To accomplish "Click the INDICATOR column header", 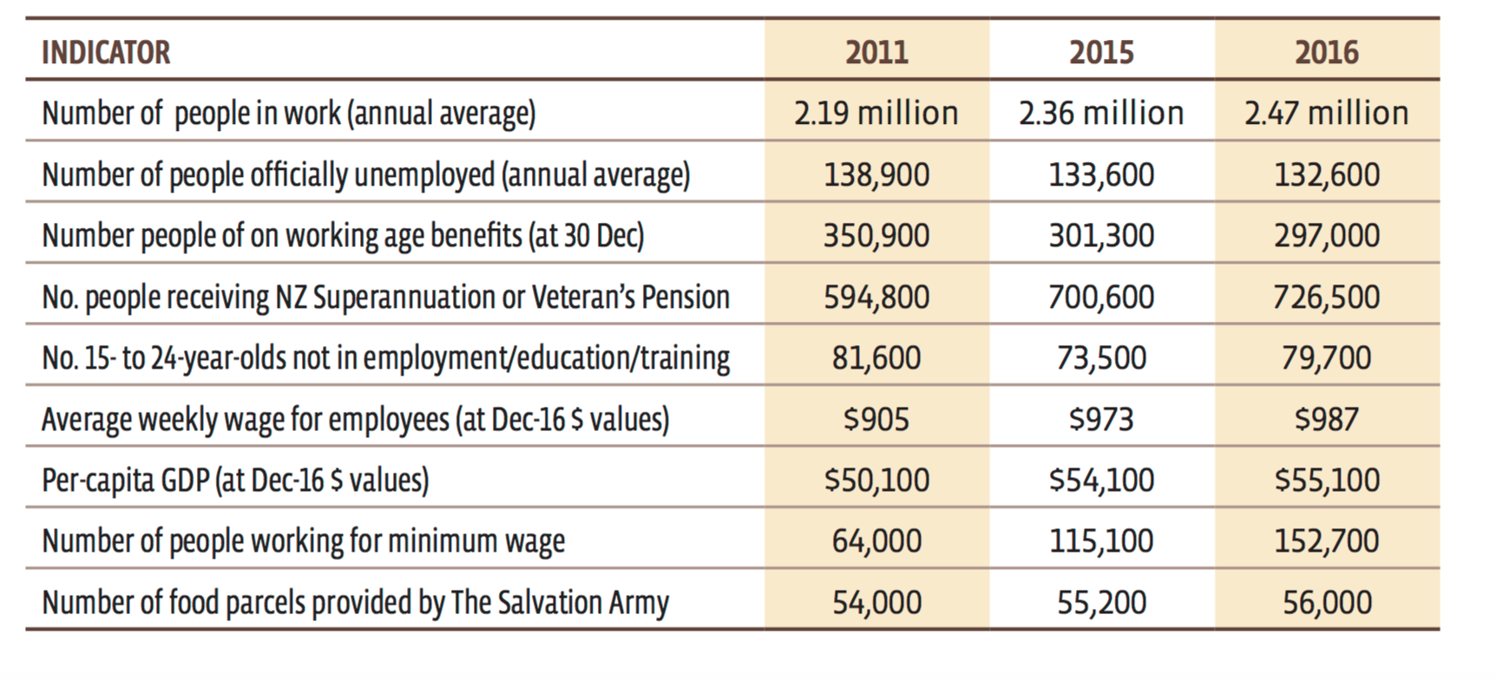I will pos(106,53).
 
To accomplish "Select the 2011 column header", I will pos(876,53).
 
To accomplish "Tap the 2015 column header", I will pos(1101,53).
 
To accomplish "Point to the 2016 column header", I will pos(1327,53).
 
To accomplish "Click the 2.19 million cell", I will pos(876,114).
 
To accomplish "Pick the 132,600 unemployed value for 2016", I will pos(1327,175).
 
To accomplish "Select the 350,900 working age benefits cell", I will pos(876,236).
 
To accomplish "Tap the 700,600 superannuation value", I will pos(1101,297).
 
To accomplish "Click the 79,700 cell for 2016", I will pos(1327,358).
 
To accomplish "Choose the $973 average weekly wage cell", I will pos(1101,420).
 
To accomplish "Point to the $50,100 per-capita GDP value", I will pos(876,481).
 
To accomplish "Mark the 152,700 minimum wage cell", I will pos(1327,541).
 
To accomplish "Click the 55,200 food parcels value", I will pos(1101,603).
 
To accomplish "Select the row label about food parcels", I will pos(356,603).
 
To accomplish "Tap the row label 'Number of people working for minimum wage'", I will pos(304,541).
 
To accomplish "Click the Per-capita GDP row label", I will pos(235,481).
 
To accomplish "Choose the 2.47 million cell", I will pos(1327,114).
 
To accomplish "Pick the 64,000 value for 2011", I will pos(876,541).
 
